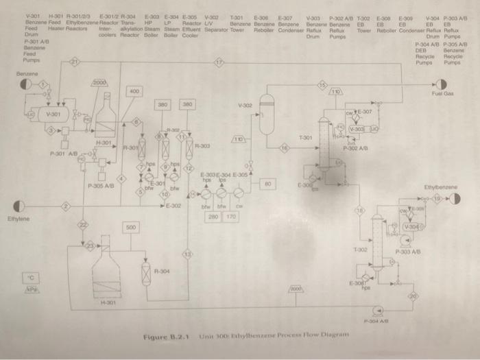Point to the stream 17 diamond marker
tap(219, 63)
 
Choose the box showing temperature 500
tap(132, 226)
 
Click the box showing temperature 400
tap(134, 91)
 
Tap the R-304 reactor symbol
tap(145, 273)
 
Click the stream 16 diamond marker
tap(284, 147)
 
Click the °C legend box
tap(29, 276)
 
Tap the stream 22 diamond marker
tap(82, 224)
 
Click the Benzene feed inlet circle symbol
tap(25, 84)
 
